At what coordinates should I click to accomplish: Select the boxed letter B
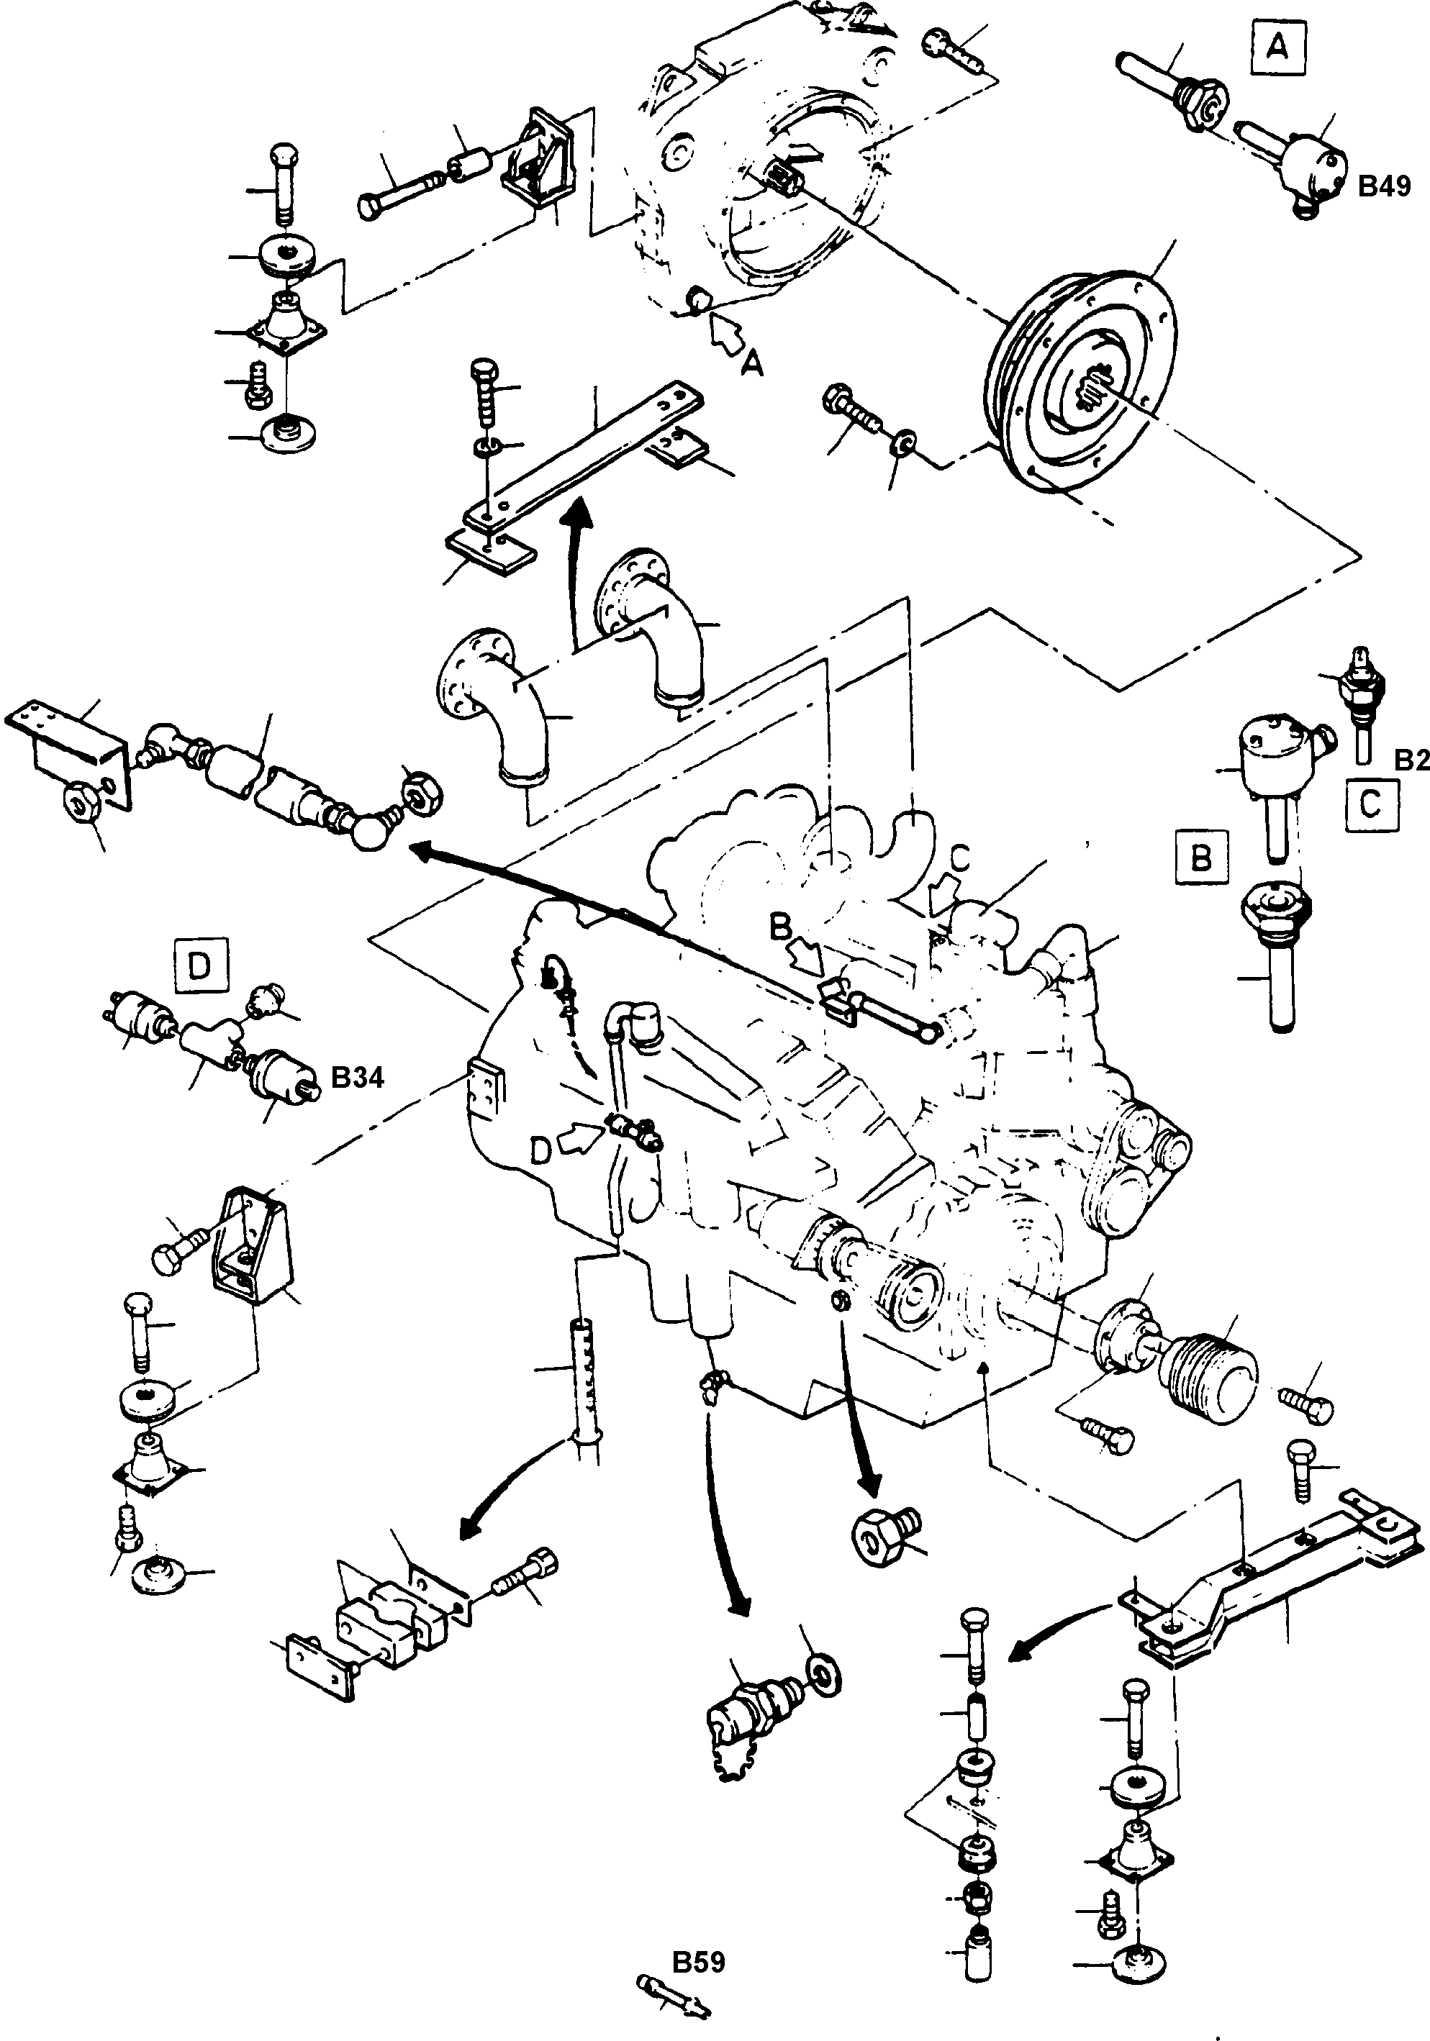(x=1200, y=858)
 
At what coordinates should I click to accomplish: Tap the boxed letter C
(x=1370, y=804)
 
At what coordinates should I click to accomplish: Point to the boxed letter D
(x=199, y=965)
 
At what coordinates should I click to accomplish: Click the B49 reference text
(x=1384, y=186)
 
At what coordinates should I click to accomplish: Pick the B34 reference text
(x=358, y=1078)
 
